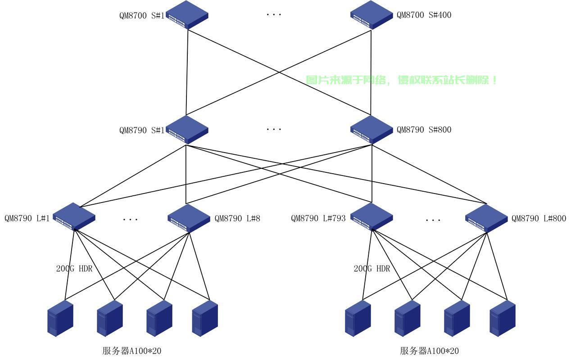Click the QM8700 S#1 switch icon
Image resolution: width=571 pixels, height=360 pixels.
(x=187, y=15)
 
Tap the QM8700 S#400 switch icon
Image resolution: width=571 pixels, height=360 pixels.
(x=372, y=15)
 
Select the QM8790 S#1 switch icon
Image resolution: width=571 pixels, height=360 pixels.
(x=187, y=130)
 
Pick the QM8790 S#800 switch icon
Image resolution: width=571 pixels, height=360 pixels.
(x=372, y=130)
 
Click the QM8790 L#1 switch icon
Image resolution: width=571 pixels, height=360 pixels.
(x=74, y=217)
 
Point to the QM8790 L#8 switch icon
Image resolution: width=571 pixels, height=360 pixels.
(x=189, y=218)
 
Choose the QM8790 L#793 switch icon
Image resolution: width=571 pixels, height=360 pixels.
(x=372, y=217)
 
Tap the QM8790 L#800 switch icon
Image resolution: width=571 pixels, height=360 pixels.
(x=486, y=218)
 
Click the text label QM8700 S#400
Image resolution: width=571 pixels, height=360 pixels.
(x=424, y=15)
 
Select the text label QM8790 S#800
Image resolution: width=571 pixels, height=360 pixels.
(x=424, y=130)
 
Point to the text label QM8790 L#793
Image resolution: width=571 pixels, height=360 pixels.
(x=318, y=218)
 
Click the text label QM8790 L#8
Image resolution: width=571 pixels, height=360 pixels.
(x=237, y=219)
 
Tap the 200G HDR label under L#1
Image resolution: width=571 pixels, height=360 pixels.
(x=74, y=269)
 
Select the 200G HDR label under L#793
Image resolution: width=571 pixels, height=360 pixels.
(x=372, y=269)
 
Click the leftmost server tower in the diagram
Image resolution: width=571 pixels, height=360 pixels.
(x=60, y=318)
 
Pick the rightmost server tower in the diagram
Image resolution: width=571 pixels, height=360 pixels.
(x=503, y=318)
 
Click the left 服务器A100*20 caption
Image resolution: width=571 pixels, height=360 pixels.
(x=132, y=351)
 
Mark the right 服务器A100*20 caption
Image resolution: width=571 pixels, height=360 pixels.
(x=429, y=351)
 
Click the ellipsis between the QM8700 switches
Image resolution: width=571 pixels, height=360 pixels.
(x=274, y=15)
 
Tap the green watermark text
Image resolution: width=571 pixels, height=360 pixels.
(x=401, y=80)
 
